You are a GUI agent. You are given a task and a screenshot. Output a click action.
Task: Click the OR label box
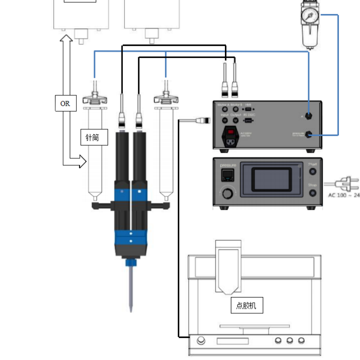[x=65, y=103]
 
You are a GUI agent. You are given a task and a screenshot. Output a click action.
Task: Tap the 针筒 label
[x=94, y=137]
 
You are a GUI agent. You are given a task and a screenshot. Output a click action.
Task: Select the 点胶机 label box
[x=246, y=306]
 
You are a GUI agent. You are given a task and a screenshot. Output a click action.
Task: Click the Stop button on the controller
[x=312, y=193]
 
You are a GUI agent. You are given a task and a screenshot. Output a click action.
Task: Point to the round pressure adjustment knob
[x=228, y=194]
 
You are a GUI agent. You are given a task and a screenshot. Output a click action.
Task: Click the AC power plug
[x=349, y=184]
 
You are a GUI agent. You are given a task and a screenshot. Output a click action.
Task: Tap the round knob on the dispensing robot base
[x=201, y=341]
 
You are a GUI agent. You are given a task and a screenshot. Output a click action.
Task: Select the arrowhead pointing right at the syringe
[x=81, y=161]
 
